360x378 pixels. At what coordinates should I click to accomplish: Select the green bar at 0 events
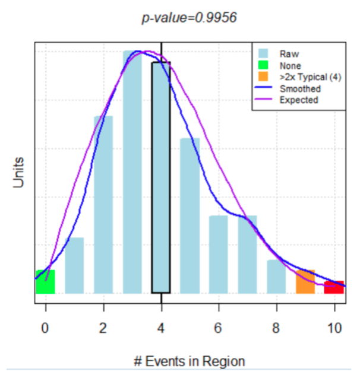pyautogui.click(x=45, y=282)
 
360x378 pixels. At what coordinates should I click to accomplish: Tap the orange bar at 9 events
pyautogui.click(x=305, y=282)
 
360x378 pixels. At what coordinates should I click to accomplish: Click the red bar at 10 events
pyautogui.click(x=334, y=287)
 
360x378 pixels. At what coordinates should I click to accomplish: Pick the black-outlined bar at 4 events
pyautogui.click(x=161, y=178)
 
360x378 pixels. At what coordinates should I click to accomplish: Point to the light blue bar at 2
pyautogui.click(x=103, y=205)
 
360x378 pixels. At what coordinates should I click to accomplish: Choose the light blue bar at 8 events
pyautogui.click(x=276, y=277)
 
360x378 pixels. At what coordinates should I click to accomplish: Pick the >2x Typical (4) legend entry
pyautogui.click(x=309, y=77)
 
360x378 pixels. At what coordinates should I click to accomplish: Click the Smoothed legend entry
pyautogui.click(x=299, y=88)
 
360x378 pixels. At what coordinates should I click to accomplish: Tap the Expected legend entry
pyautogui.click(x=298, y=100)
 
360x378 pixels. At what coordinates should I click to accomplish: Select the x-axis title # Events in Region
pyautogui.click(x=189, y=361)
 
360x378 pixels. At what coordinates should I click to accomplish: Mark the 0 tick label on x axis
pyautogui.click(x=45, y=327)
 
